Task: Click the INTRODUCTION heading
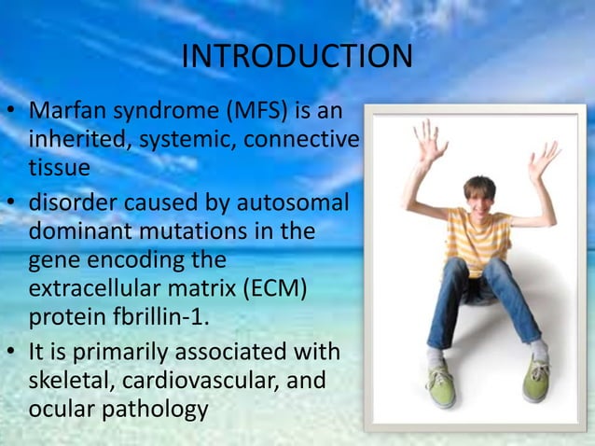click(297, 56)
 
